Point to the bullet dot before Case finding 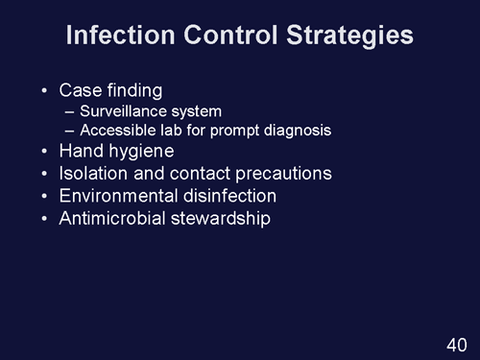click(x=43, y=92)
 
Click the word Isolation click(x=93, y=174)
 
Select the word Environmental click(x=118, y=196)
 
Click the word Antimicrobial click(x=110, y=218)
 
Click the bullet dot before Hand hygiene click(x=43, y=153)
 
